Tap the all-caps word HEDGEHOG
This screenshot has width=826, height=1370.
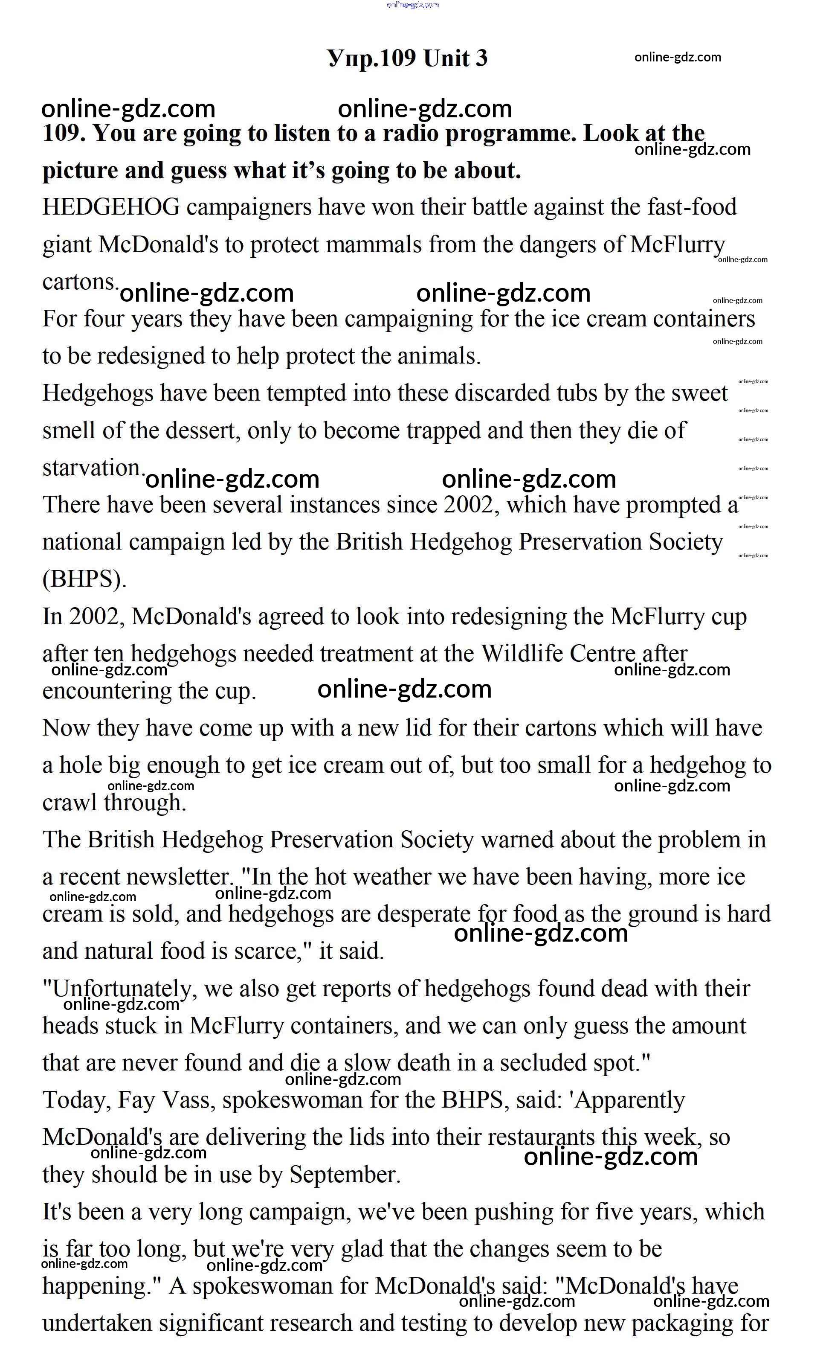click(x=111, y=207)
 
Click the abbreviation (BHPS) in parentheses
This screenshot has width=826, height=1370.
click(x=84, y=579)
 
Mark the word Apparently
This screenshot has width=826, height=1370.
click(x=629, y=1100)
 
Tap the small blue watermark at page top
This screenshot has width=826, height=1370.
click(x=412, y=4)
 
